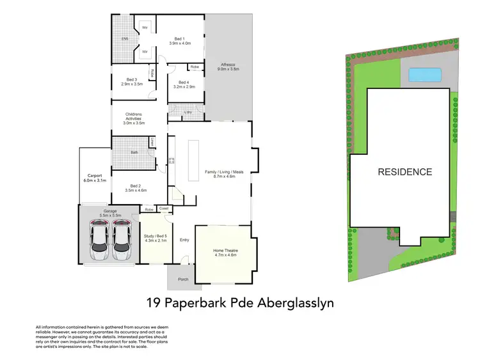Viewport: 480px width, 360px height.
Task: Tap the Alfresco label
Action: (229, 67)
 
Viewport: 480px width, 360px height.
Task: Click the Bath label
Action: (134, 152)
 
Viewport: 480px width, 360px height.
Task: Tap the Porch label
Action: (183, 279)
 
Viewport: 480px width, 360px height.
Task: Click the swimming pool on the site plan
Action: (424, 75)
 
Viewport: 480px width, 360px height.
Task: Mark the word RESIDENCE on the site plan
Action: (404, 171)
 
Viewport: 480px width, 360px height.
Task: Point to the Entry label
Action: (184, 240)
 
